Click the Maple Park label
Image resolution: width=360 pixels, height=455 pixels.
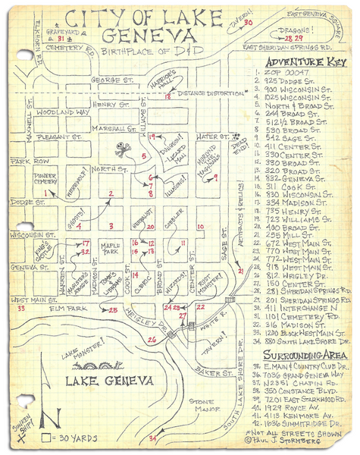click(111, 248)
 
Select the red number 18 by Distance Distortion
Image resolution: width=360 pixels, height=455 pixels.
click(167, 96)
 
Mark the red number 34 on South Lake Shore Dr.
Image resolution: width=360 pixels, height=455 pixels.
click(152, 438)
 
